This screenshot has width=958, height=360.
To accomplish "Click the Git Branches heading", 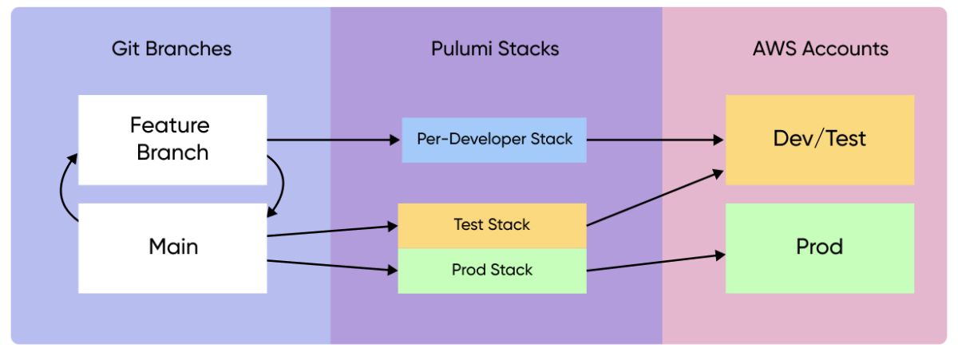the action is pos(172,49).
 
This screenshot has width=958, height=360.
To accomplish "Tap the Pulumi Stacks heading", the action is pos(495,49).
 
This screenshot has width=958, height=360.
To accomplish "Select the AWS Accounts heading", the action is pos(821,49).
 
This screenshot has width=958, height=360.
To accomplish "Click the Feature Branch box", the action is pos(172,140).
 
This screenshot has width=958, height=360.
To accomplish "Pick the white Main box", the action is pos(172,248).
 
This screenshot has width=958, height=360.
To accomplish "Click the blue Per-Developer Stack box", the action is pos(494,140).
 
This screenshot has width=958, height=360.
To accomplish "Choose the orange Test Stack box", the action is pos(493,226).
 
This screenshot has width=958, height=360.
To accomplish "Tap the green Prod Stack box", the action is pos(493,271).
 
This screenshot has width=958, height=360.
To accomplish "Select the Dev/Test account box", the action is pos(820,140).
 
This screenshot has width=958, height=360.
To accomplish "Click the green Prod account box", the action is pos(820,248).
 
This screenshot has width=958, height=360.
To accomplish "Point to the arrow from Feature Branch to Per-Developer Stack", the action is pos(334,140).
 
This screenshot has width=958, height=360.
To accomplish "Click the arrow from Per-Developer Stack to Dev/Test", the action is pos(655,140).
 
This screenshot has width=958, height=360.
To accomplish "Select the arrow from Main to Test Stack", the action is pos(332,231).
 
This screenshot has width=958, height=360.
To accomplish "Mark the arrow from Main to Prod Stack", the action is pos(332,266).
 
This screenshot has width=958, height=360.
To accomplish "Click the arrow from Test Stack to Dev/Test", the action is pos(655,198).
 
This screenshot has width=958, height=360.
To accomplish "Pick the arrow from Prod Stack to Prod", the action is pos(656,263).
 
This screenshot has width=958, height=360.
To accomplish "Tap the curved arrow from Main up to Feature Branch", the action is pos(61,188).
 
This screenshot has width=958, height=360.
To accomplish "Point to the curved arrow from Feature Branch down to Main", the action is pos(283,184).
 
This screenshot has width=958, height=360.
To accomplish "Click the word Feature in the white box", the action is pos(170,125).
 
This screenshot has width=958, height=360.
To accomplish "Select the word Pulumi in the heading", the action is pos(461,49).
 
